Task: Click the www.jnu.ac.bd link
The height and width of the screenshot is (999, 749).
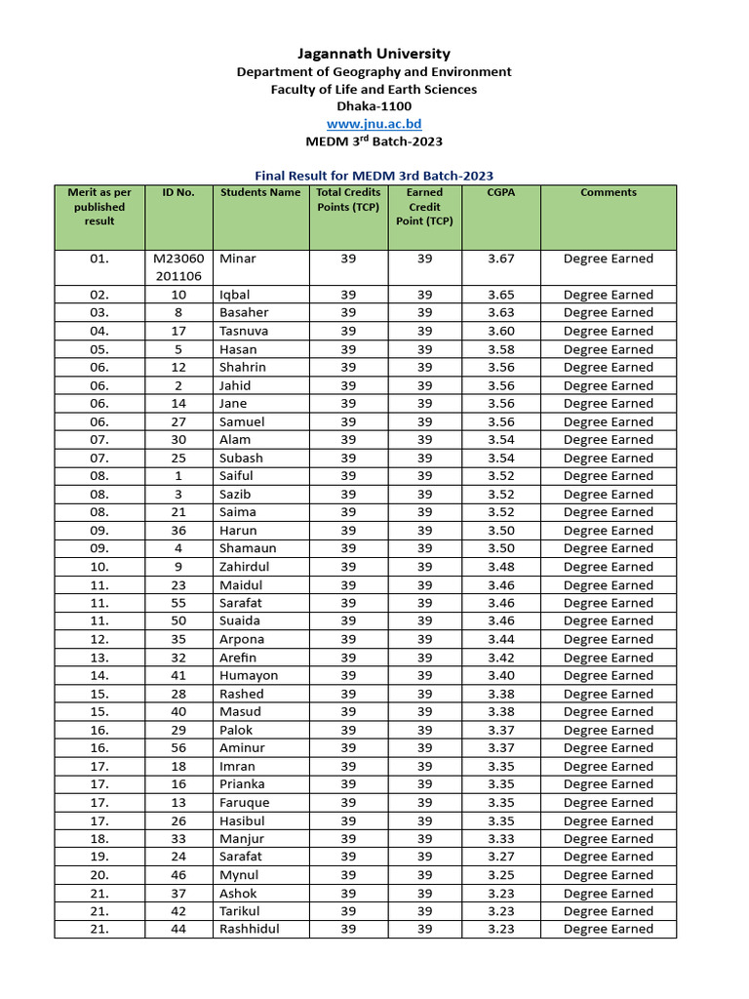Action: (x=374, y=124)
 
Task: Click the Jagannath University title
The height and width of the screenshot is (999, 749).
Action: (x=374, y=54)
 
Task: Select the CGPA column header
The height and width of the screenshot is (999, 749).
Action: (x=501, y=193)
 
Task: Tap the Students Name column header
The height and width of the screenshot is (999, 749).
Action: (x=260, y=193)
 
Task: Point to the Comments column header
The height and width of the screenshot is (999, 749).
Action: (x=608, y=193)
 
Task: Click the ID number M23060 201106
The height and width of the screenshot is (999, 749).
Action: (x=178, y=267)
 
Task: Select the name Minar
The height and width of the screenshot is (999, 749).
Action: (x=238, y=260)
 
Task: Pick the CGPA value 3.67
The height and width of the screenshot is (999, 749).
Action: (x=501, y=260)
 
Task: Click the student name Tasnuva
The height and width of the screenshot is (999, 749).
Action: (x=244, y=331)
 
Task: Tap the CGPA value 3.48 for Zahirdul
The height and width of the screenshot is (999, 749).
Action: (x=501, y=567)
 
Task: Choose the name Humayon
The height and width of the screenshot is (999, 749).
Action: (x=249, y=675)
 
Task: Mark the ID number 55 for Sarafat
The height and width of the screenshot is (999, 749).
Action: (x=178, y=603)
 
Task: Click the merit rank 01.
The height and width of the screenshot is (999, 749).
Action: (x=99, y=260)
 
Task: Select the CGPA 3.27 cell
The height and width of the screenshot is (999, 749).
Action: (x=501, y=857)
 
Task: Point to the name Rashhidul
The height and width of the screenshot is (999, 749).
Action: (x=250, y=929)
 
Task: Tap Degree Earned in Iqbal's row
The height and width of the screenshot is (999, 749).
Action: (x=608, y=295)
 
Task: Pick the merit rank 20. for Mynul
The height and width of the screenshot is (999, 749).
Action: (x=99, y=875)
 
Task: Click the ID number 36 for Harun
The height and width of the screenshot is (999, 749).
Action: (x=178, y=531)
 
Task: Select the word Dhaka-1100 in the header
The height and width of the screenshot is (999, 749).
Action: (x=374, y=106)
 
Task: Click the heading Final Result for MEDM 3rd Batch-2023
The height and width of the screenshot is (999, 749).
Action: (x=374, y=176)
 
